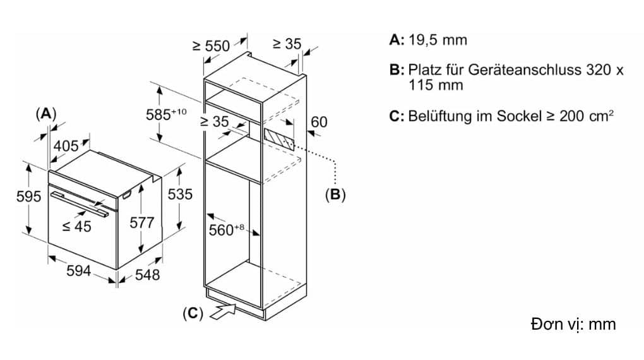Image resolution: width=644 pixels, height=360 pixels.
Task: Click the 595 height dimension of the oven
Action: point(28,196)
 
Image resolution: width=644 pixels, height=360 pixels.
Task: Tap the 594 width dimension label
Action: point(78,271)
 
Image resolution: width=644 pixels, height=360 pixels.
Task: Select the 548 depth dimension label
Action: point(147,275)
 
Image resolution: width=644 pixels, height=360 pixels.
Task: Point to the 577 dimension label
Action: point(141,223)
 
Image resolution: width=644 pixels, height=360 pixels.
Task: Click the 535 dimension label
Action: point(180,194)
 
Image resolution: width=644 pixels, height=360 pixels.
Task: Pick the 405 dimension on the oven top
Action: point(66,146)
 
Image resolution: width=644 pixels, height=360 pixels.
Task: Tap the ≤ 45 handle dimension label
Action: point(77,226)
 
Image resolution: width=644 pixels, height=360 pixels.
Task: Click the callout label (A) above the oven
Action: point(46,114)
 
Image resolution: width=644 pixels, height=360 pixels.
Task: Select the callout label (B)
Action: point(335,195)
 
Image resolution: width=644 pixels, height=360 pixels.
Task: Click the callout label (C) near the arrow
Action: point(193,313)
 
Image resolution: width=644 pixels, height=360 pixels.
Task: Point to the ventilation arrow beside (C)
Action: point(223,311)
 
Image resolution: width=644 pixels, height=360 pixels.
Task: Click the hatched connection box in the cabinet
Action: point(279,140)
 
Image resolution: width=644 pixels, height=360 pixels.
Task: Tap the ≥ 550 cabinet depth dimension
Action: point(212,45)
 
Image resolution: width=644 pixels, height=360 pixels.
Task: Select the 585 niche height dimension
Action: point(166,114)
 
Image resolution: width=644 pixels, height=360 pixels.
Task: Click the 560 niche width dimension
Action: point(226,230)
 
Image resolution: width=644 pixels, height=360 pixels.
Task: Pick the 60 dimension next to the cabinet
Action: point(319,122)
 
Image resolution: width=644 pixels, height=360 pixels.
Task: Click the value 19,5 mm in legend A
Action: point(438,40)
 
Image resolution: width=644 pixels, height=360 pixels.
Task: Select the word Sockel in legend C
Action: point(519,116)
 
